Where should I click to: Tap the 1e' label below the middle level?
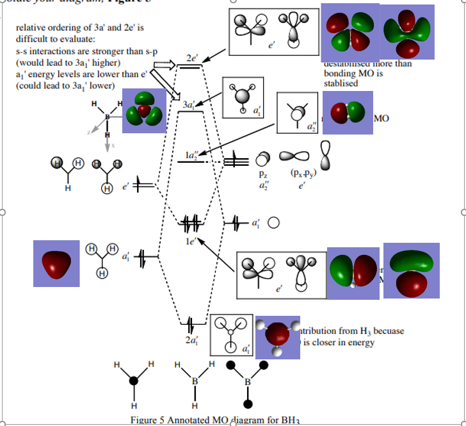pyautogui.click(x=190, y=241)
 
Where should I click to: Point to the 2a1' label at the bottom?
pyautogui.click(x=191, y=340)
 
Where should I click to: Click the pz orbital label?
pyautogui.click(x=262, y=174)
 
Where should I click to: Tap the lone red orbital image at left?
pyautogui.click(x=56, y=263)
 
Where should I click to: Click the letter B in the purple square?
pyautogui.click(x=108, y=117)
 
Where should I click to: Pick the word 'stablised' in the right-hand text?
pyautogui.click(x=341, y=83)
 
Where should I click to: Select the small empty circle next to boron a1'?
pyautogui.click(x=273, y=224)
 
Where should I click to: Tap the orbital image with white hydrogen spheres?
pyautogui.click(x=278, y=336)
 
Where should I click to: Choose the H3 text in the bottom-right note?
pyautogui.click(x=366, y=331)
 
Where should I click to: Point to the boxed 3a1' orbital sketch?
pyautogui.click(x=243, y=97)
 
